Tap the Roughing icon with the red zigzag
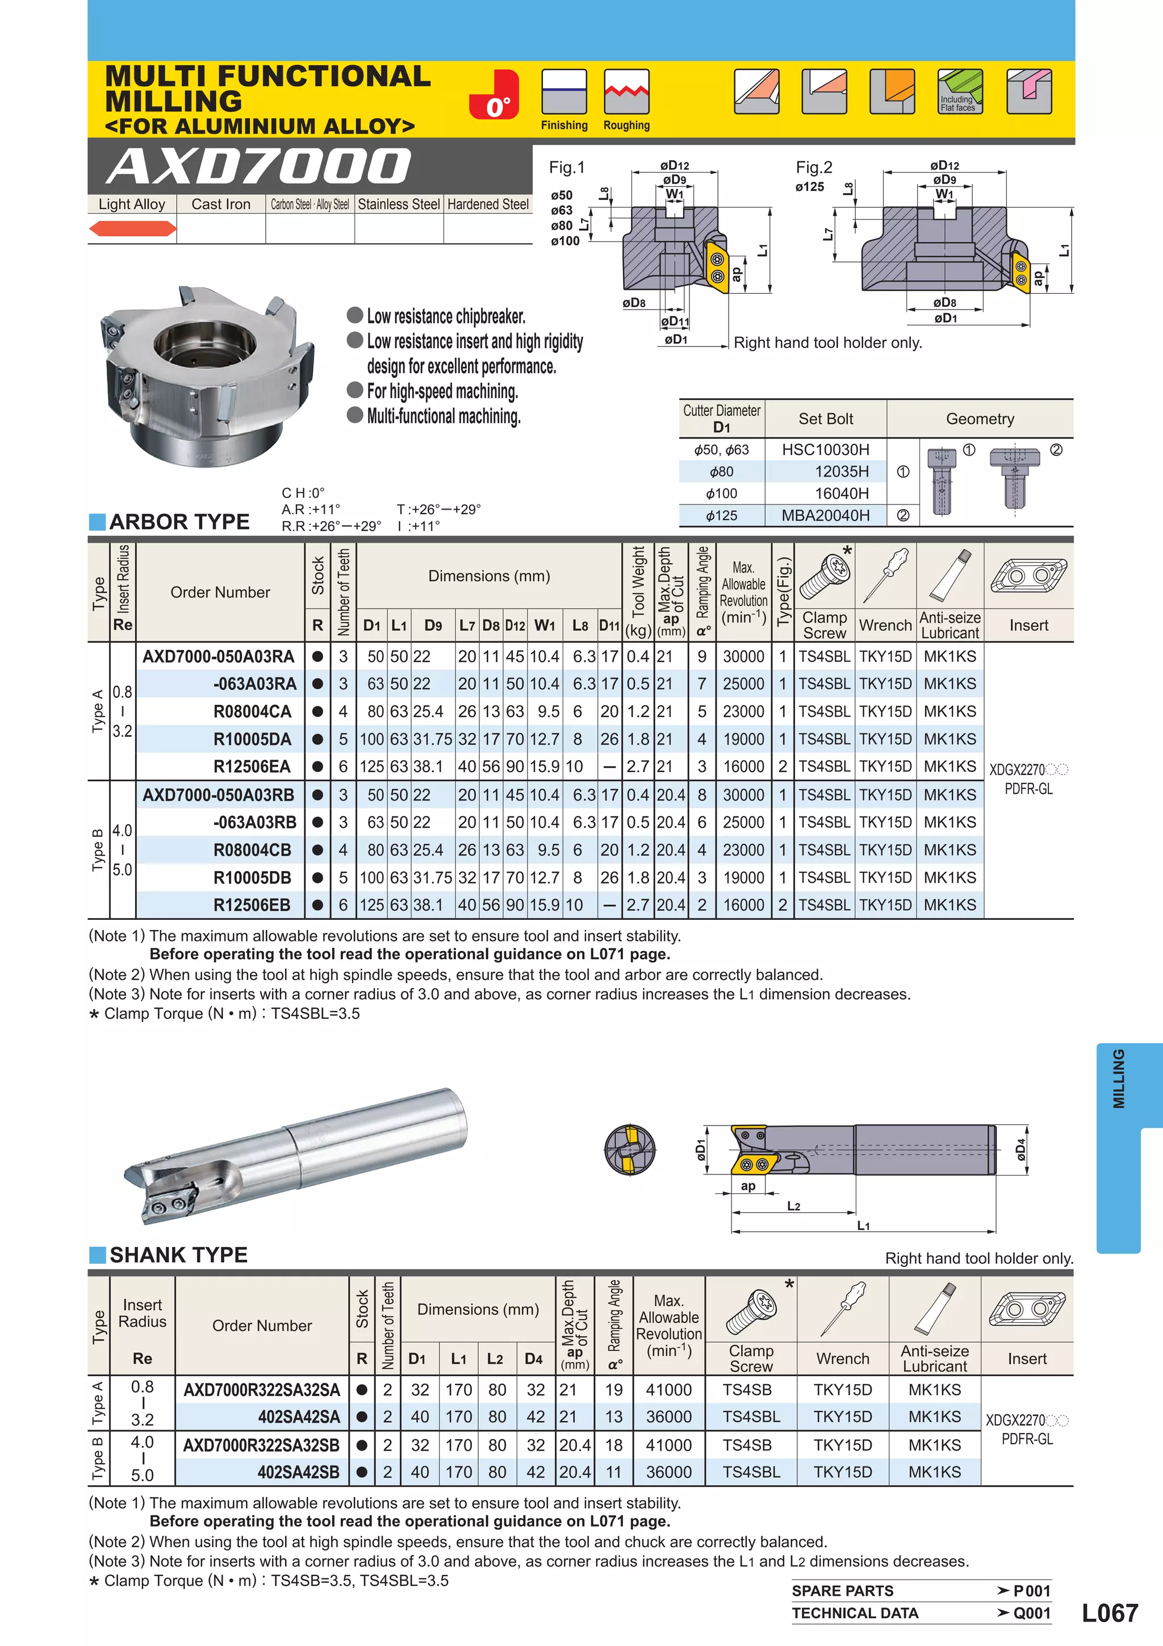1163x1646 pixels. [626, 92]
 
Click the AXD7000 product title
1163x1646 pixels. [260, 166]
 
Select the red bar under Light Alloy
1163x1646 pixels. [132, 229]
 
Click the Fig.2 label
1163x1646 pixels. [813, 168]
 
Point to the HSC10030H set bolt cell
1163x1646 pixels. [826, 449]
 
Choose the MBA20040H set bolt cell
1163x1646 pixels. [826, 515]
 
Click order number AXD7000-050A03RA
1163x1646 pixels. [219, 657]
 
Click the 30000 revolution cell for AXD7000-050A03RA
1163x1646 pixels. [743, 657]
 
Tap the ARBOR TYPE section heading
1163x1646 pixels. [179, 522]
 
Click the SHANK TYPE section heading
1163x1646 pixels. [178, 1255]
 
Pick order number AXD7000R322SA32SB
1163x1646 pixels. [262, 1445]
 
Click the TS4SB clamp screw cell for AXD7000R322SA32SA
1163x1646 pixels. [747, 1390]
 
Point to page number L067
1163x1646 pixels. [1109, 1613]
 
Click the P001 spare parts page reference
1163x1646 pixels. [1031, 1591]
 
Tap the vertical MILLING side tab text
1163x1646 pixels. [1119, 1078]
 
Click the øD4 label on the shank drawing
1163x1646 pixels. [1021, 1151]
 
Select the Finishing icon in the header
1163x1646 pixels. [564, 92]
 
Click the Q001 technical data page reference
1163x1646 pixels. [1031, 1613]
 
